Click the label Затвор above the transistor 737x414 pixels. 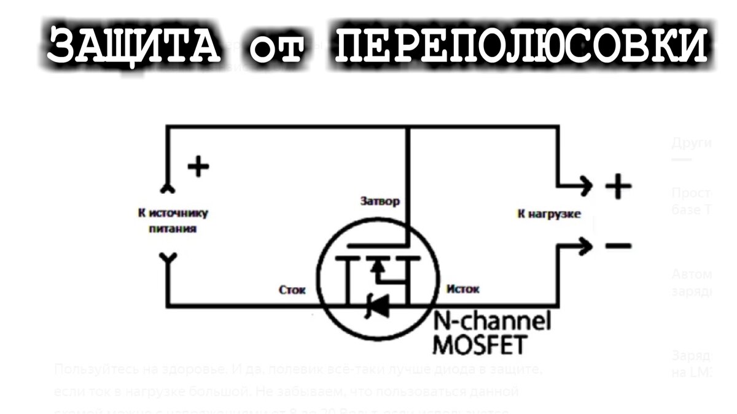coord(379,201)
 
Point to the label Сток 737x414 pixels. coord(292,289)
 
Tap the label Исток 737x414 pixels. coord(463,289)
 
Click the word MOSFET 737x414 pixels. coord(480,345)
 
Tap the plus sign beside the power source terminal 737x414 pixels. coord(198,166)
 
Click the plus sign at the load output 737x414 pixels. coord(617,186)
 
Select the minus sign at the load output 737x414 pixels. coord(617,246)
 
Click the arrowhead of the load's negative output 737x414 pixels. coord(587,246)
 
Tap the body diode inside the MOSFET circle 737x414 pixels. coord(377,305)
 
